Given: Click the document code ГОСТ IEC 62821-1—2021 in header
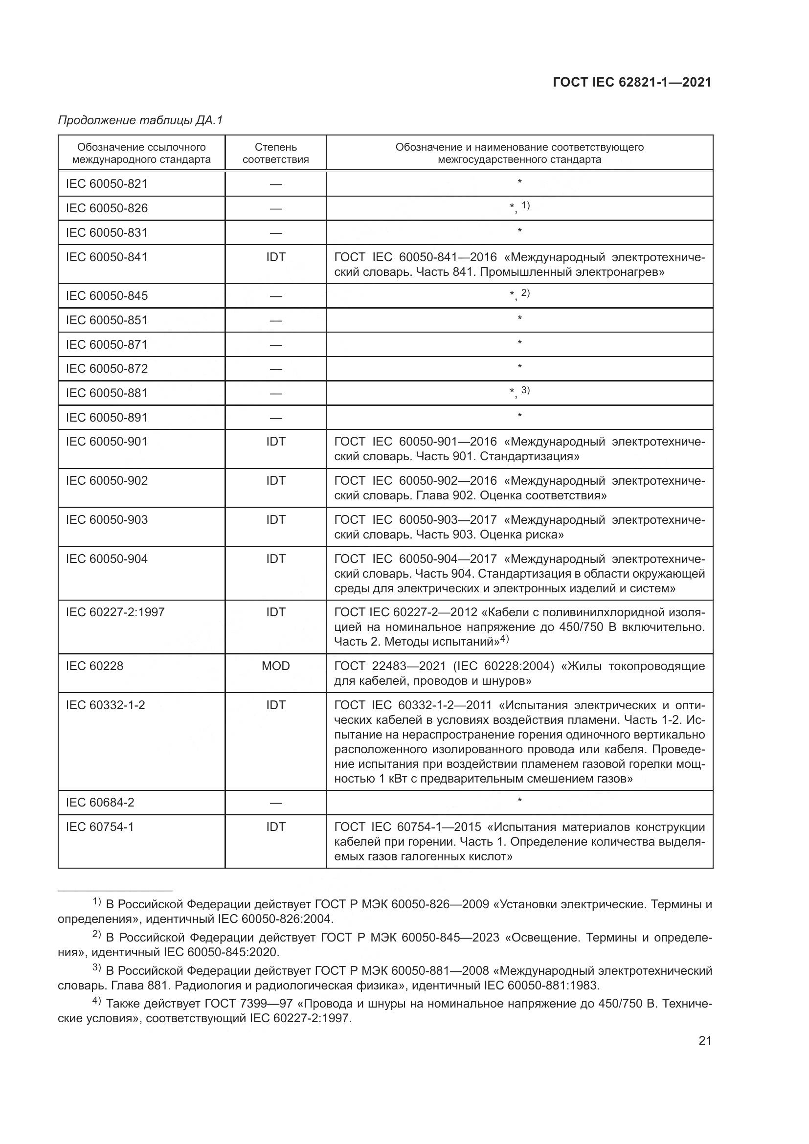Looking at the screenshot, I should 631,83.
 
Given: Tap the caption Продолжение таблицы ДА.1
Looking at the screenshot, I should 140,121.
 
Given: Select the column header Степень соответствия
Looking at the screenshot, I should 275,154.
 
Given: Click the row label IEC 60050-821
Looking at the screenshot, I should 107,184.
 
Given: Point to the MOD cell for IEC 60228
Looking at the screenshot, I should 275,666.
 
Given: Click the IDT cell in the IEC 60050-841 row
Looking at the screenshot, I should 275,257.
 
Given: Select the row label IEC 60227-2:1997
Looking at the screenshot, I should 115,612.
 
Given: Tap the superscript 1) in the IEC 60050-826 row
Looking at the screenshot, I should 525,205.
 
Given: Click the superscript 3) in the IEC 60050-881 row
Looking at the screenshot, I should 525,390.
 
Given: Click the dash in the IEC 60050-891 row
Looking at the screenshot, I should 275,418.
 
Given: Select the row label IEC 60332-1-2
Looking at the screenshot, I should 105,705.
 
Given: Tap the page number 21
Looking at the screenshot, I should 705,1041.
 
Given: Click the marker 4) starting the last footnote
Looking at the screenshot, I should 97,1002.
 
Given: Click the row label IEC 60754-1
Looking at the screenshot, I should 100,827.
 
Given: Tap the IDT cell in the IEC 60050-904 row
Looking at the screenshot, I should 275,559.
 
